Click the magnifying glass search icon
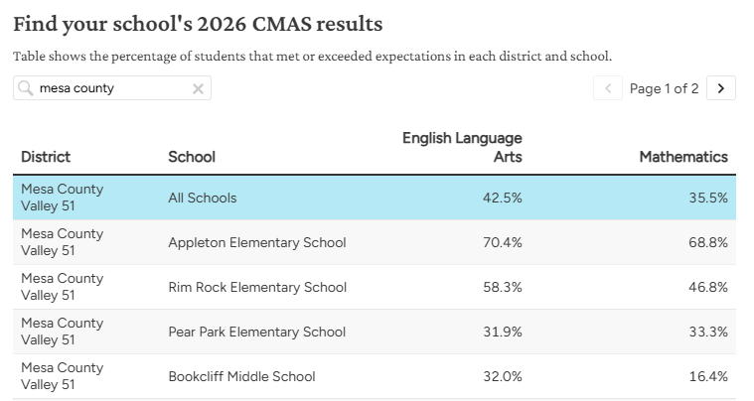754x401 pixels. pos(25,88)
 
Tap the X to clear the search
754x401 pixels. pos(198,89)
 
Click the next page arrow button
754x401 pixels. pos(721,88)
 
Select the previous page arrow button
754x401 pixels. pos(608,88)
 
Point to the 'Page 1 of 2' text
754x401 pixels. pos(664,88)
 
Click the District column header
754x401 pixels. pos(46,157)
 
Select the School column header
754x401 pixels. pos(192,157)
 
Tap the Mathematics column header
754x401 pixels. pos(683,157)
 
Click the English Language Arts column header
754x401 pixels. pos(462,147)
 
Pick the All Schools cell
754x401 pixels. pos(203,198)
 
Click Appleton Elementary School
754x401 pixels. pos(257,242)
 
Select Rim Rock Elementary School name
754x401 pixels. pos(257,287)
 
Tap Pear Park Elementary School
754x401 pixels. pos(256,332)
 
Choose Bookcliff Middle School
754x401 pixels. pos(241,376)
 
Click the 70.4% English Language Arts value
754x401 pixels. pos(503,242)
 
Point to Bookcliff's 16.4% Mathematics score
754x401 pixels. pos(708,376)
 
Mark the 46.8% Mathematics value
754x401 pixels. pos(708,287)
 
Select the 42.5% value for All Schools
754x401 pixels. pos(503,198)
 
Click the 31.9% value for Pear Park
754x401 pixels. pos(503,332)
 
